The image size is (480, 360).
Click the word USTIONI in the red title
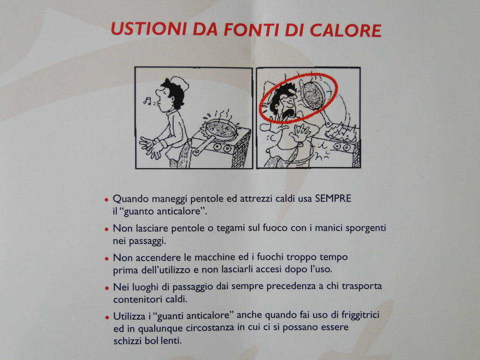149,29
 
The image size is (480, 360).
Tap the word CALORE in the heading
345,30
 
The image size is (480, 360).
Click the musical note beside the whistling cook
147,100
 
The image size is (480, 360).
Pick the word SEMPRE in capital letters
333,198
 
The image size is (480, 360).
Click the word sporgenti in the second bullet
366,228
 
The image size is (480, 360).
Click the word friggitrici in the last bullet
360,315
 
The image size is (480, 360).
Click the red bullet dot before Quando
106,200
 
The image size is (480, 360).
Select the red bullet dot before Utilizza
107,317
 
